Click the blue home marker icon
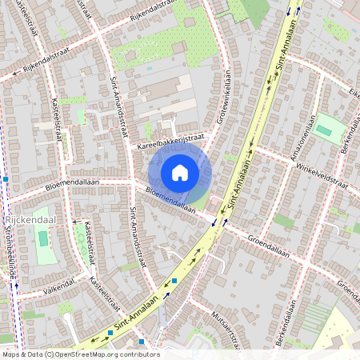(x=180, y=173)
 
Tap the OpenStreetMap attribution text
(x=80, y=354)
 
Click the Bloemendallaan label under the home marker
(x=170, y=200)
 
